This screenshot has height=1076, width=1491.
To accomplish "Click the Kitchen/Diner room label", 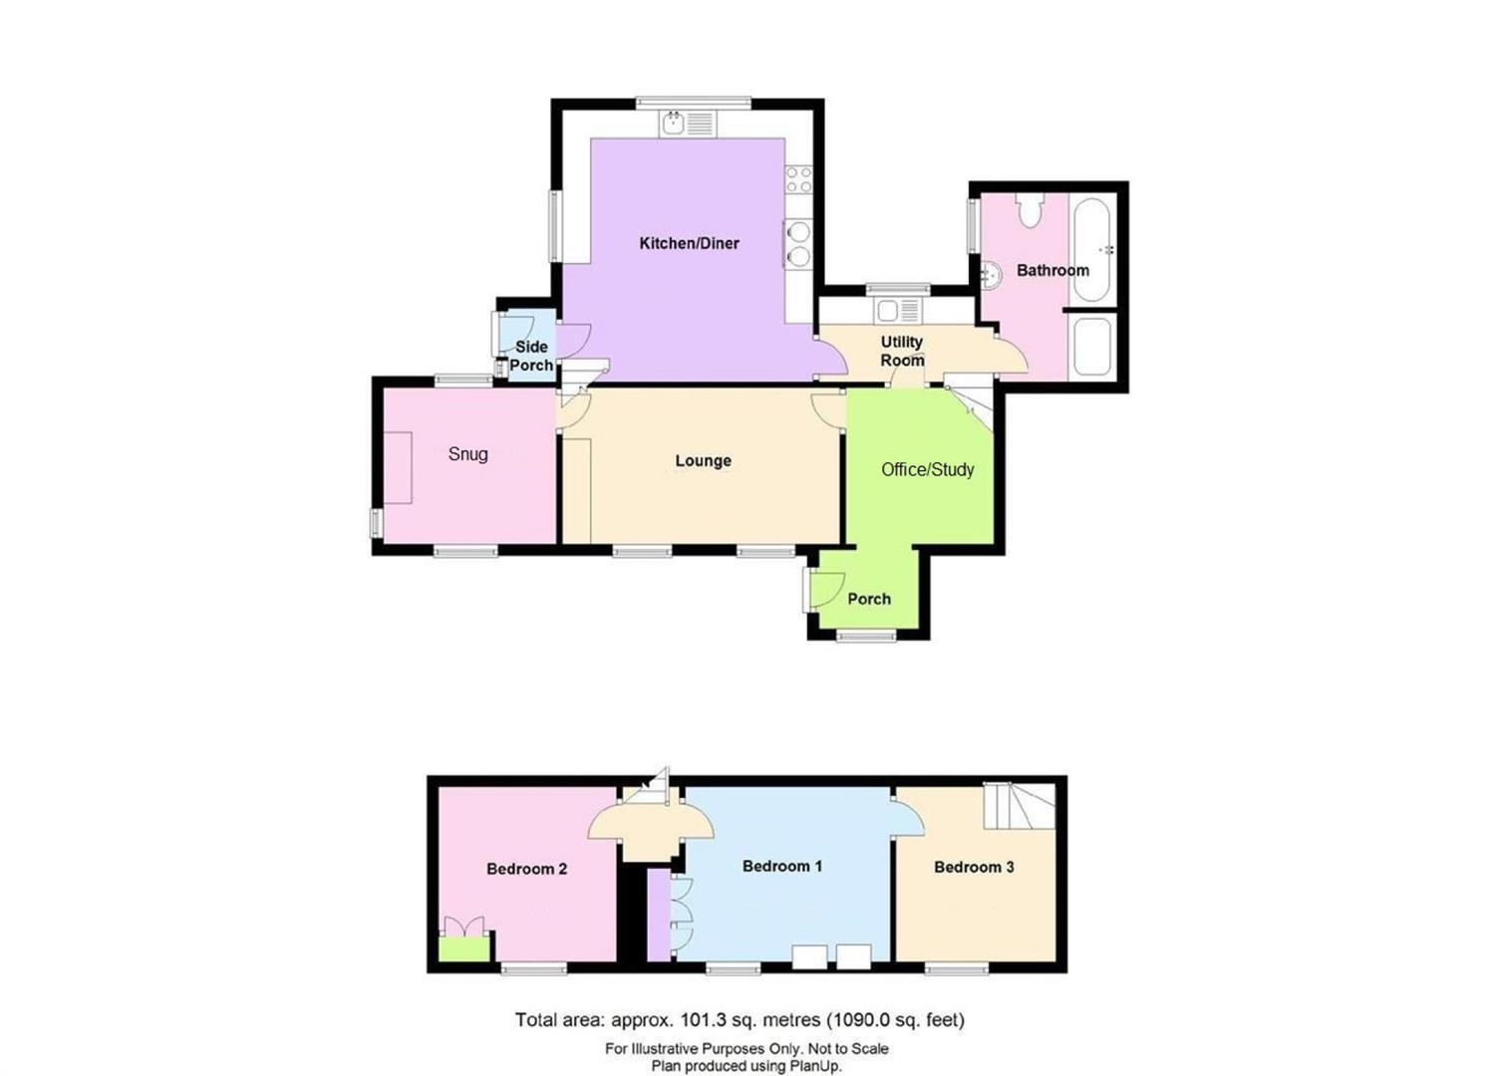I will coord(689,243).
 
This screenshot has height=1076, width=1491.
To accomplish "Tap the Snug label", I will coord(467,454).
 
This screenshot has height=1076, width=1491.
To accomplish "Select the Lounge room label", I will coord(703,460).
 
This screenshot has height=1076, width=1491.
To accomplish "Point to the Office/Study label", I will coord(927,469).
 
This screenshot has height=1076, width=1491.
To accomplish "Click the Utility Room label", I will coord(901,351).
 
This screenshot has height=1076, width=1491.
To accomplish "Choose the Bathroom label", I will coord(1052,270).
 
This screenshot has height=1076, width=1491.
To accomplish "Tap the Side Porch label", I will coord(531,356).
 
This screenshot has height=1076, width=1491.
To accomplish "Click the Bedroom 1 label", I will coord(781,866).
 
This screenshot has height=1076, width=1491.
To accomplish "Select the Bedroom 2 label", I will coord(526,869).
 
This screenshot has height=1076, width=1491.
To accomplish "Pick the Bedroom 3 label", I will coord(974,867).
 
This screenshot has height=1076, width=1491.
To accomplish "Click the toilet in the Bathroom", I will coord(1030,210).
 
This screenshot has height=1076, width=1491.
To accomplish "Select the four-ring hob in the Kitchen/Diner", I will coord(798,179).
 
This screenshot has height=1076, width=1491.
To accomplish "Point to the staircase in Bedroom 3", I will coord(1019,806).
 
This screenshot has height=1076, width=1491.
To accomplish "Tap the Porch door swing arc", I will coord(827,589).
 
